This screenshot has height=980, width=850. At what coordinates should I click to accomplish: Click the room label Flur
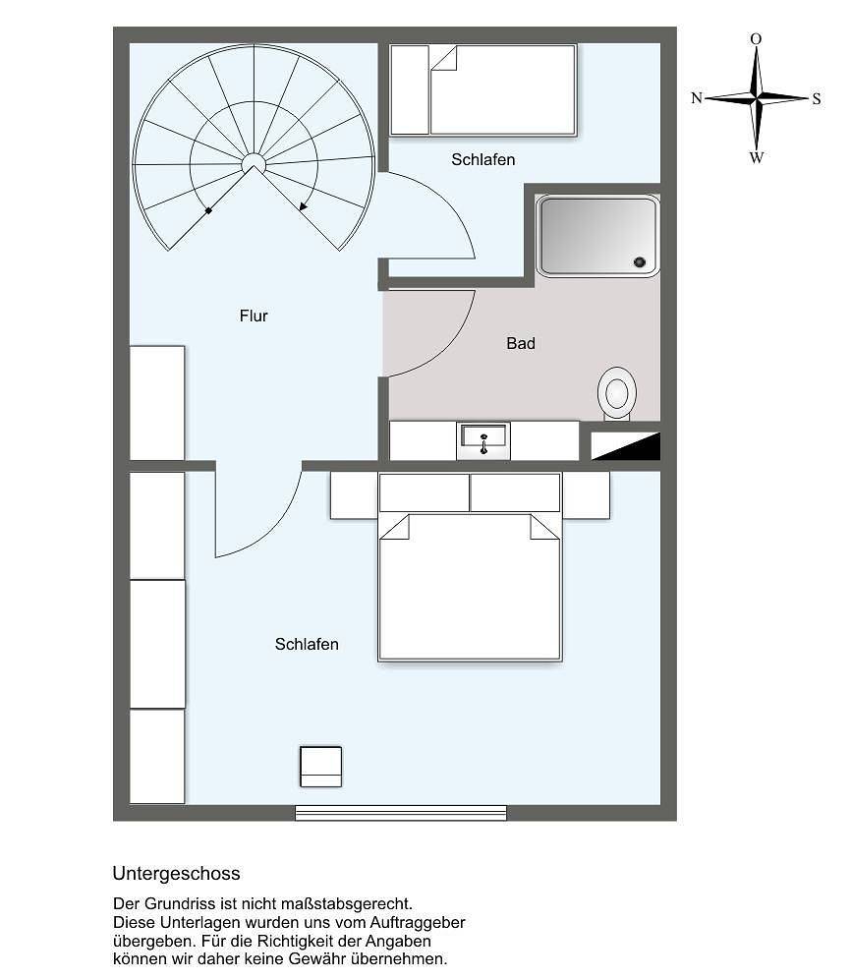tap(254, 316)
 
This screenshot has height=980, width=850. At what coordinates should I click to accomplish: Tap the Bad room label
tap(521, 343)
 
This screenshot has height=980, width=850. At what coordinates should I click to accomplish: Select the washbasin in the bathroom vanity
tap(483, 438)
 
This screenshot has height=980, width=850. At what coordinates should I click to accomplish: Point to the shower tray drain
tap(640, 261)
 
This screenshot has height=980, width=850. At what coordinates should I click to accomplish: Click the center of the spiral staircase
tap(254, 162)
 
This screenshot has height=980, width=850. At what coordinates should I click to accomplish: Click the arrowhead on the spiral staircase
tap(304, 207)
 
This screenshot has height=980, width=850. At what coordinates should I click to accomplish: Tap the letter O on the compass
tap(756, 39)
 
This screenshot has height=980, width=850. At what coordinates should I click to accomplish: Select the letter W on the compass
tap(756, 157)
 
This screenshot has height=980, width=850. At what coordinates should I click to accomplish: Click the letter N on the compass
tap(697, 98)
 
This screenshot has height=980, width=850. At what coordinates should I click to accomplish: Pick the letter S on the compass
tap(817, 98)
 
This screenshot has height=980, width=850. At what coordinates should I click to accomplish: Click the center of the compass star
tap(756, 97)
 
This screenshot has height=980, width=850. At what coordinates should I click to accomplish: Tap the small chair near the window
tap(320, 766)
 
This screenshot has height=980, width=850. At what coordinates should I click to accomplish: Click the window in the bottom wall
tap(401, 813)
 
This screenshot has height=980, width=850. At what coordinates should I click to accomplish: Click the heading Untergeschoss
tap(176, 873)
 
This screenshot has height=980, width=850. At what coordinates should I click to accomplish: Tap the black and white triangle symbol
tap(625, 446)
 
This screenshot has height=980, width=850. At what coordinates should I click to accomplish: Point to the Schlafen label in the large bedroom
tap(307, 644)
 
